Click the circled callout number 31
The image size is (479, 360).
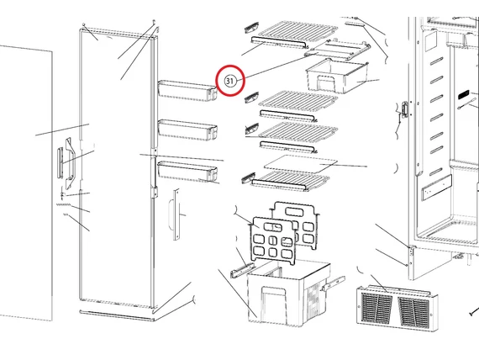click(x=229, y=80)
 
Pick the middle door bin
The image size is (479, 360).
click(x=185, y=130)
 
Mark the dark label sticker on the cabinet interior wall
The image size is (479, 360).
click(x=466, y=98)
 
